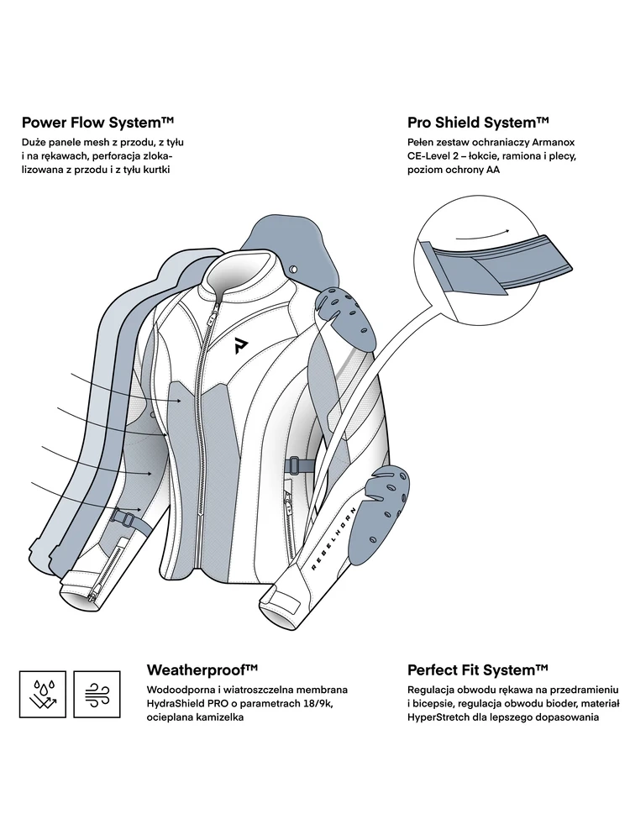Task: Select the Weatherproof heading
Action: tap(202, 669)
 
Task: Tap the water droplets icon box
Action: tap(41, 694)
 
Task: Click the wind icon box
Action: tap(97, 694)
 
